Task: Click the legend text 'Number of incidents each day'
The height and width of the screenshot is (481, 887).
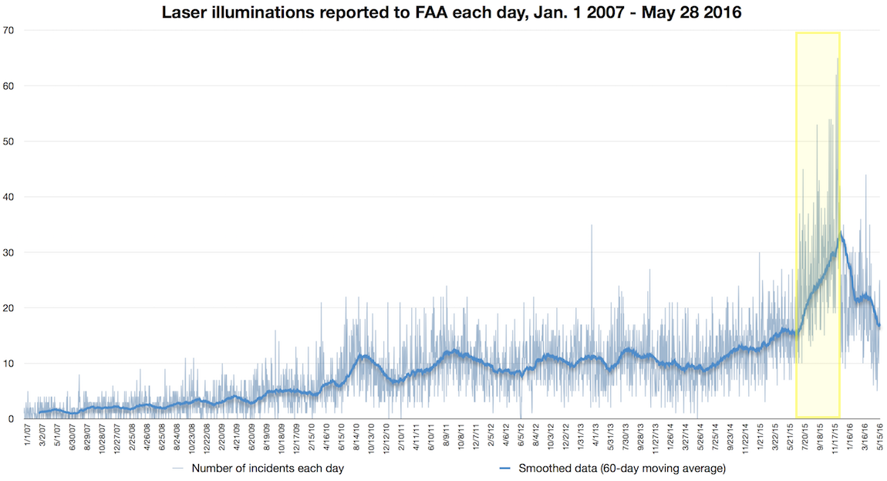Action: [268, 468]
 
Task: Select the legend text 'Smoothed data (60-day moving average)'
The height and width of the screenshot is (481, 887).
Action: [622, 468]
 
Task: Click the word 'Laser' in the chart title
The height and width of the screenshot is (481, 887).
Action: [184, 13]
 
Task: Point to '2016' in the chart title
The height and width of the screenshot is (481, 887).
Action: [722, 13]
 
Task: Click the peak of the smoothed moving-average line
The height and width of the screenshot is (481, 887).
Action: [840, 233]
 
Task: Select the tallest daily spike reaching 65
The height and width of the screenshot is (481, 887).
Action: [838, 59]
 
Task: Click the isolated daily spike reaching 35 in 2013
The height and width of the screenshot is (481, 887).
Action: [592, 225]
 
